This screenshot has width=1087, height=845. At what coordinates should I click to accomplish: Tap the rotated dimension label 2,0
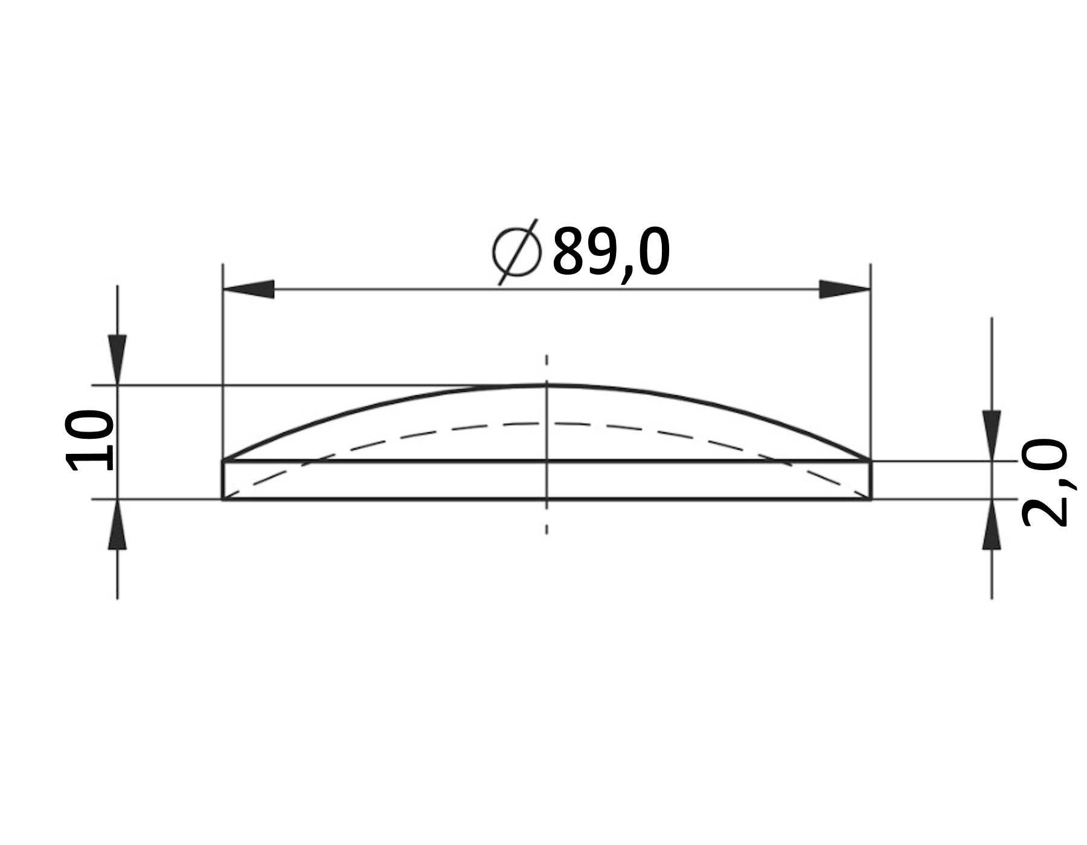pos(1044,483)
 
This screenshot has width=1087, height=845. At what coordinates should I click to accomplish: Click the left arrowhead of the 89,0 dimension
pos(249,289)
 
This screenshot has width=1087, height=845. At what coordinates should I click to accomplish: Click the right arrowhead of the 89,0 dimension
pos(844,289)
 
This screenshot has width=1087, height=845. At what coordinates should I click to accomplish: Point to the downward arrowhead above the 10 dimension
pos(117,359)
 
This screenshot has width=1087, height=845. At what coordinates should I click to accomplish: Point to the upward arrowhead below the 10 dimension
pos(117,525)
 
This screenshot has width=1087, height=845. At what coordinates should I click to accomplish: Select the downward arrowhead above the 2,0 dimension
pos(992,435)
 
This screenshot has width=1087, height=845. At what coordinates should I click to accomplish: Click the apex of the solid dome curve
pos(547,385)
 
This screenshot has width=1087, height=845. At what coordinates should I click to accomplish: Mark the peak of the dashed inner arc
pos(547,423)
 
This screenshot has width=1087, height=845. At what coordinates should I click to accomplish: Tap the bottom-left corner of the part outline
pos(223,499)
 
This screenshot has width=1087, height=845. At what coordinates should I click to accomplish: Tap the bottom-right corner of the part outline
pos(870,499)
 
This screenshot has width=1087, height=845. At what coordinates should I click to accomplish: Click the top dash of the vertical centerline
pos(547,361)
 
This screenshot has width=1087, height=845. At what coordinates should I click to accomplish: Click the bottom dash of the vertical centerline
pos(547,528)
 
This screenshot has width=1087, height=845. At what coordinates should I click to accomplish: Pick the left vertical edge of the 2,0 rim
pos(223,480)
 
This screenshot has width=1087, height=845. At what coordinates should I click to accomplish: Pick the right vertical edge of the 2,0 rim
pos(870,480)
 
